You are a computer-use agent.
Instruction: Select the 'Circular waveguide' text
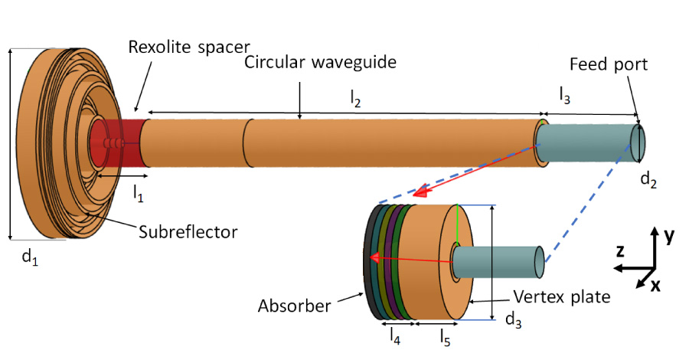tap(320, 63)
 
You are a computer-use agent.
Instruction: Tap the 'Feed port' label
tap(609, 65)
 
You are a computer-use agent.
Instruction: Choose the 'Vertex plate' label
tap(562, 296)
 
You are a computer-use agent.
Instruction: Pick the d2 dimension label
tap(648, 181)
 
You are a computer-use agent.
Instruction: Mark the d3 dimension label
tap(513, 322)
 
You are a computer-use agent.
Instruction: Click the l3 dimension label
tap(564, 97)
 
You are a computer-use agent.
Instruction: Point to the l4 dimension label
tap(393, 335)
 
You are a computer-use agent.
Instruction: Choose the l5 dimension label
tap(445, 335)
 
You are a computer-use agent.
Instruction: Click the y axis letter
tap(668, 237)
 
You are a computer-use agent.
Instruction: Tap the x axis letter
tap(655, 286)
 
